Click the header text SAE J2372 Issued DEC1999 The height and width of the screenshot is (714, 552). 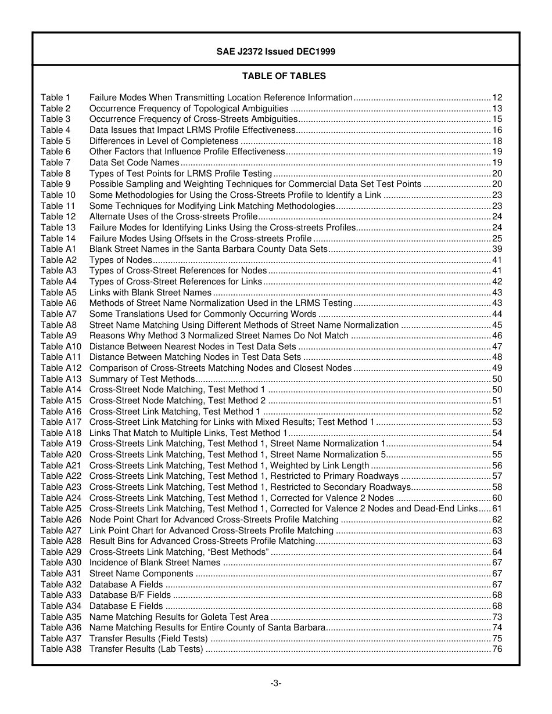click(276, 52)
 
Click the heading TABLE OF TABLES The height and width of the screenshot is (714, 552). click(284, 76)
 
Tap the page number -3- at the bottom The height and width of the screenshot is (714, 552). click(276, 683)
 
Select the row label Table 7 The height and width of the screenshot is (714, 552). click(55, 163)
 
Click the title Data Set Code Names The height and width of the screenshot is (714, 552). click(134, 163)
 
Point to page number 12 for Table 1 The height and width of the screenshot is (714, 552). click(497, 98)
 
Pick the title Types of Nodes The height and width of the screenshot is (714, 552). click(120, 260)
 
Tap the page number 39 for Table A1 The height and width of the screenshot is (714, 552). click(497, 249)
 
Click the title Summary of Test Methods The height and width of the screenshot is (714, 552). click(142, 379)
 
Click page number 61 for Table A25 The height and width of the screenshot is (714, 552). click(497, 509)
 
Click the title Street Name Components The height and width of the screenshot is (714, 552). click(141, 574)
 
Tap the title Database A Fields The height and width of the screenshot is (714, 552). click(126, 585)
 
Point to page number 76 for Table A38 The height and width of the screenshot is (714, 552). click(497, 649)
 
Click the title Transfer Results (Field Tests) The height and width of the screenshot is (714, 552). click(148, 639)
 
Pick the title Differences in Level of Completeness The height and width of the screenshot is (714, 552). click(164, 141)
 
